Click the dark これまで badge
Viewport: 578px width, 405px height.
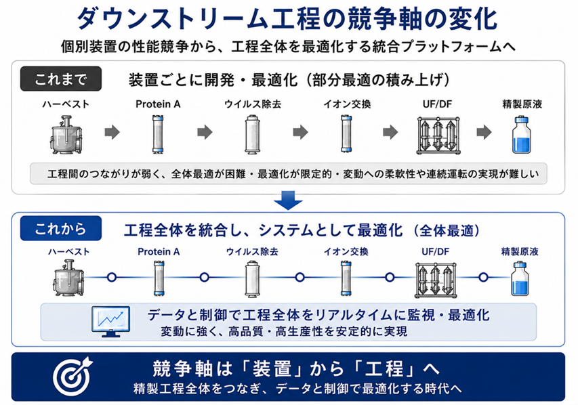[61, 79]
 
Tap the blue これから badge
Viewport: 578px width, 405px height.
[61, 228]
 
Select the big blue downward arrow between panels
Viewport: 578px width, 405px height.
[288, 200]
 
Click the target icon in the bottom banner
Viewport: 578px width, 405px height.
[73, 377]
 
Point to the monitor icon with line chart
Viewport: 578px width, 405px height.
[110, 321]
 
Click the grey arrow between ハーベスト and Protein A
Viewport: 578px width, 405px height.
[112, 132]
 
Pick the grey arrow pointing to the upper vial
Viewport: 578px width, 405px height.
[484, 132]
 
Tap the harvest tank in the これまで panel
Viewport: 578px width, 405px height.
[66, 135]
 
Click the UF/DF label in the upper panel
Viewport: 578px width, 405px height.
[437, 104]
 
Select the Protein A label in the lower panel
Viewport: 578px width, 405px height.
[159, 252]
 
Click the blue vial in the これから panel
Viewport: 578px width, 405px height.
[520, 278]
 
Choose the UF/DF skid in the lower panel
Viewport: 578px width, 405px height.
[435, 280]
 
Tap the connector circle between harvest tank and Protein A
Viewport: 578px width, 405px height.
[112, 277]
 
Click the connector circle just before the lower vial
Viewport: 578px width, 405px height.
[483, 277]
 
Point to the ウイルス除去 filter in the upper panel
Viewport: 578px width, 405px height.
[253, 134]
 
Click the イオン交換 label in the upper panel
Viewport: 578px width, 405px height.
[347, 104]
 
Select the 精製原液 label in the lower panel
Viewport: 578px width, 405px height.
[520, 252]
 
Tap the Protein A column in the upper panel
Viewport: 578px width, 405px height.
[158, 134]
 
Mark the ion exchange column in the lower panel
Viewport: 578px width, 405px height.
[346, 278]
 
